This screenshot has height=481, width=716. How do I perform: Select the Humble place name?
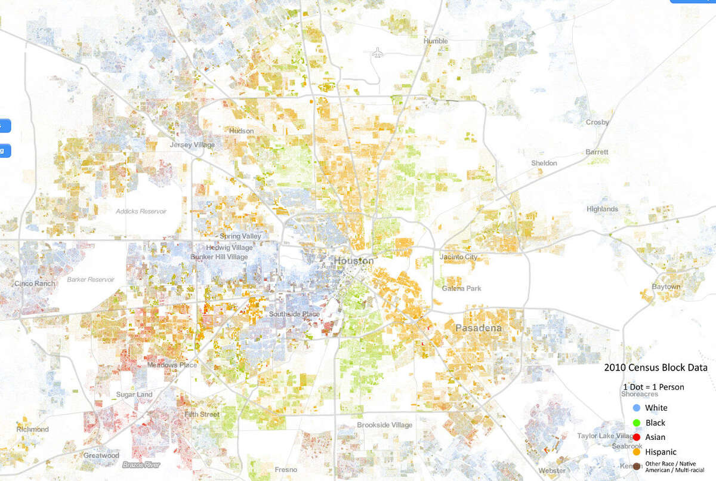[435, 41]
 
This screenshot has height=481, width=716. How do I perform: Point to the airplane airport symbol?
[377, 53]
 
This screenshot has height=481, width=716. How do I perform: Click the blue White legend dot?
[636, 408]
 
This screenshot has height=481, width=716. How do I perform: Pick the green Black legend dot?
[636, 423]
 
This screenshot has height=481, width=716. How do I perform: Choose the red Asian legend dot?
[636, 437]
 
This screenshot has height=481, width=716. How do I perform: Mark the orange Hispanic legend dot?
[636, 452]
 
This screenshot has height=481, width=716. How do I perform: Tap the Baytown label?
[665, 287]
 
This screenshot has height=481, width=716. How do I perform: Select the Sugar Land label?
[134, 395]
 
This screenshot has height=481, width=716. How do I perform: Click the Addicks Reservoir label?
[141, 211]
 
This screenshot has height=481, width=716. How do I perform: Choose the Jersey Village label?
[192, 145]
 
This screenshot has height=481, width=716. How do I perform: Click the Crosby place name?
[597, 122]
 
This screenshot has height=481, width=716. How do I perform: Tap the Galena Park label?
[461, 289]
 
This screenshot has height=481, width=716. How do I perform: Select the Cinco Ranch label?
[35, 284]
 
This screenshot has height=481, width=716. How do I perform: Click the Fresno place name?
[286, 470]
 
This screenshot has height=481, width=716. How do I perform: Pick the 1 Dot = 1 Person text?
[653, 387]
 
